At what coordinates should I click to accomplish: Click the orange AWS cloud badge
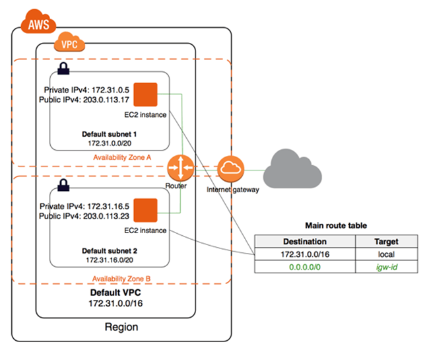36,25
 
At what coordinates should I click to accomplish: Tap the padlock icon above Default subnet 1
63,68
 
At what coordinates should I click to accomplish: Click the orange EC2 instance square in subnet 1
145,94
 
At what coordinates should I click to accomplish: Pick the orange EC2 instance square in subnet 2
145,209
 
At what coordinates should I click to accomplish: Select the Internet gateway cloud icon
230,170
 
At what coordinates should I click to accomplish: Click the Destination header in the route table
304,241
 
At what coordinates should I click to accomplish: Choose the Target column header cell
385,241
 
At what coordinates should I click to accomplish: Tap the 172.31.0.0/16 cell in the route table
304,254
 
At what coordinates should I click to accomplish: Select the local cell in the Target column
385,254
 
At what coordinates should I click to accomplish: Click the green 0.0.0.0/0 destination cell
304,268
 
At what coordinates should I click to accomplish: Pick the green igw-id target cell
385,268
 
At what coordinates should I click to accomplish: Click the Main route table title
337,225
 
